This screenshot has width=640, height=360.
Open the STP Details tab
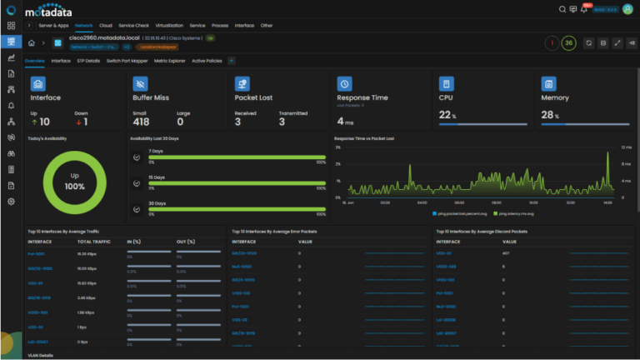click(x=88, y=61)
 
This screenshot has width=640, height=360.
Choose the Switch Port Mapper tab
click(x=127, y=61)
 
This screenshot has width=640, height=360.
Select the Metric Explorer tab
click(x=170, y=61)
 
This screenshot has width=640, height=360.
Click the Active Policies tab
click(x=207, y=61)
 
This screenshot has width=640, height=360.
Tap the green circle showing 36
click(x=568, y=42)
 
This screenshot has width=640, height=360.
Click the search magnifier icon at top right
click(x=562, y=9)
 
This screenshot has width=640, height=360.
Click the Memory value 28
click(x=548, y=114)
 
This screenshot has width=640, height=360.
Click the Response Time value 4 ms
click(x=345, y=122)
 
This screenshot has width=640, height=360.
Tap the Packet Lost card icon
click(x=242, y=84)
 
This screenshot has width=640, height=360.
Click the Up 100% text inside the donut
click(x=75, y=182)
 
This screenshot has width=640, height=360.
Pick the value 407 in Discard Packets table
click(x=506, y=252)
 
